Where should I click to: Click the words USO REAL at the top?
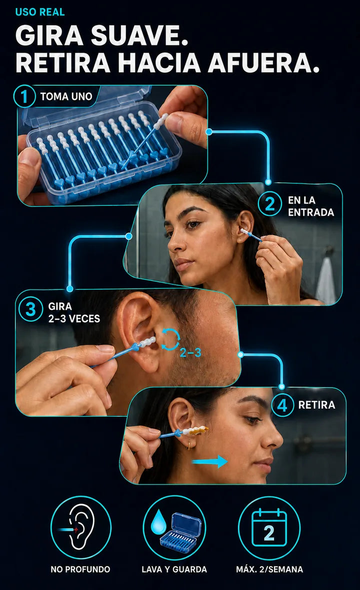tap(40, 12)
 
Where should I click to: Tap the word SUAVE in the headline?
tap(139, 36)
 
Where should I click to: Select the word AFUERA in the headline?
tap(263, 62)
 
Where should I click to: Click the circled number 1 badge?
tap(24, 96)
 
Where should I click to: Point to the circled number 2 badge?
tap(269, 205)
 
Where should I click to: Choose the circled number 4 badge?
tap(282, 405)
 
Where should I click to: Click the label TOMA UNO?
tap(66, 97)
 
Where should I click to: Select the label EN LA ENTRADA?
tap(311, 206)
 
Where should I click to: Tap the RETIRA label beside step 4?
tap(316, 405)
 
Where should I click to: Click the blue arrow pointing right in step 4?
tap(209, 462)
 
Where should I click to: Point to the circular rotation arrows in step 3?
tap(170, 339)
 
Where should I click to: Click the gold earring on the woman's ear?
tap(188, 446)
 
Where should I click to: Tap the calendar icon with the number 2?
tap(269, 528)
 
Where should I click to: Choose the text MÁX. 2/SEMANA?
tap(269, 570)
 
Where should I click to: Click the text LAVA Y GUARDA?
tap(174, 570)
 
